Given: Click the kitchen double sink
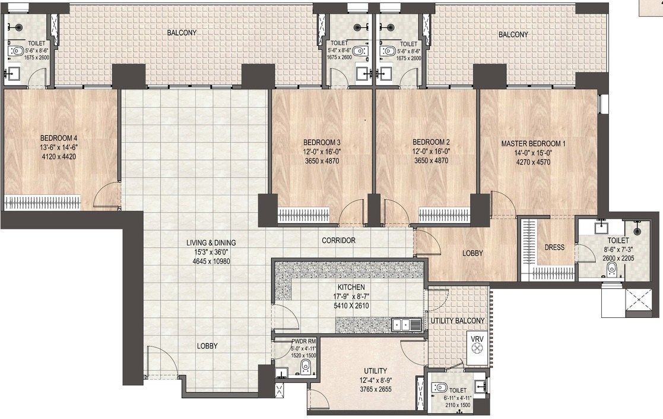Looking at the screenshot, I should (407, 325).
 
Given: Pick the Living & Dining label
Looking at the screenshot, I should (211, 242).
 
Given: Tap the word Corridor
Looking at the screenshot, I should (338, 241).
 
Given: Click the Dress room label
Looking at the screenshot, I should (554, 247).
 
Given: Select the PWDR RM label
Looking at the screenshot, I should (304, 341).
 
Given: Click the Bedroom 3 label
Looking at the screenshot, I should (322, 143).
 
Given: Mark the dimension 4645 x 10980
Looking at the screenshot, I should (211, 260).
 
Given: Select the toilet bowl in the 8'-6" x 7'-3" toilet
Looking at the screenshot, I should (611, 270).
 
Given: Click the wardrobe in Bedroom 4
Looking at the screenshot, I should (42, 202).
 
